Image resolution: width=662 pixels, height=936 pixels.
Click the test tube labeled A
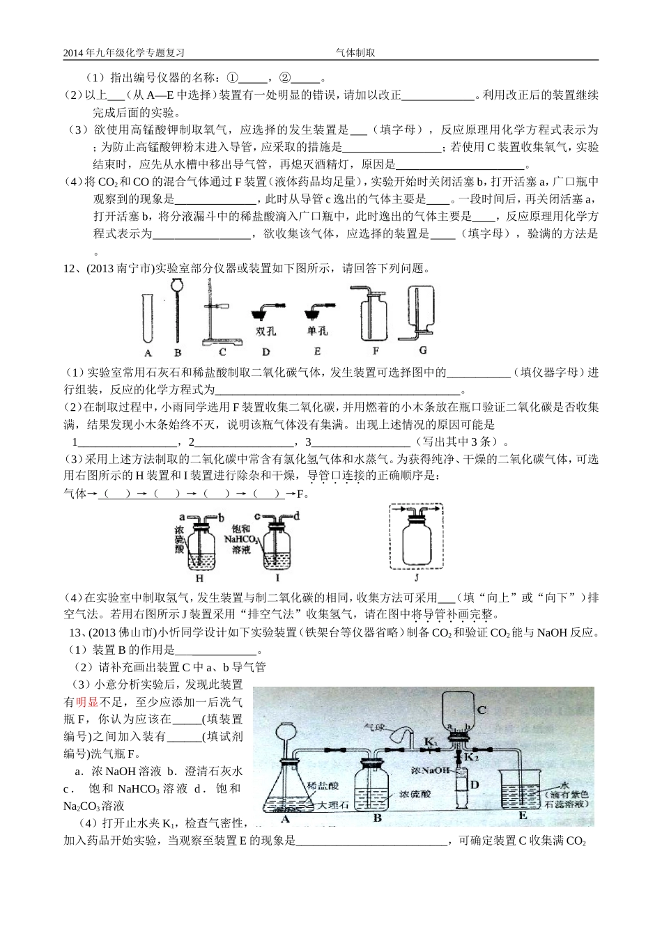(x=147, y=318)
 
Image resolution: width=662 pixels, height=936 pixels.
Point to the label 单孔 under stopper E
(x=317, y=331)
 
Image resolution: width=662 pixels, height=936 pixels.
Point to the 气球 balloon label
(x=375, y=726)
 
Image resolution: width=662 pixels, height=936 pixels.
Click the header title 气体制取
(x=355, y=52)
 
